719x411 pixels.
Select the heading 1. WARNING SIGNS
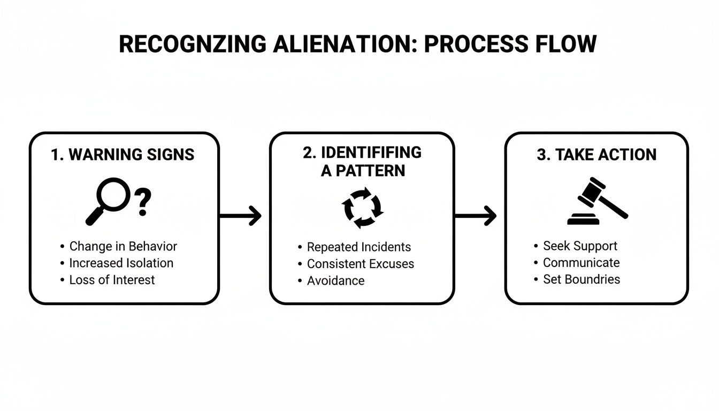click(123, 155)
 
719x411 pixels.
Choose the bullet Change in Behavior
click(123, 246)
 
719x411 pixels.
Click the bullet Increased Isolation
click(121, 263)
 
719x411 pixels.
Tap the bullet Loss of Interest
click(112, 279)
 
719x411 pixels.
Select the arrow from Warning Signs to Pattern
click(240, 216)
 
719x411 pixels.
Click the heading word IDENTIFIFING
click(371, 153)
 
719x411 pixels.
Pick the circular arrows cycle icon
click(362, 208)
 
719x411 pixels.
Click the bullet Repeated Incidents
click(358, 247)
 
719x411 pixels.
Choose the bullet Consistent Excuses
click(360, 264)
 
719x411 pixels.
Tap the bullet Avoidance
click(335, 280)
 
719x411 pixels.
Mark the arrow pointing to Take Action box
click(475, 216)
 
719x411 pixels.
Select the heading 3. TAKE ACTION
click(596, 155)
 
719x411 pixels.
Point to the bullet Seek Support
click(580, 246)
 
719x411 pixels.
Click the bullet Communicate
click(581, 262)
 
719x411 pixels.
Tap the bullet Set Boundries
click(582, 279)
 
